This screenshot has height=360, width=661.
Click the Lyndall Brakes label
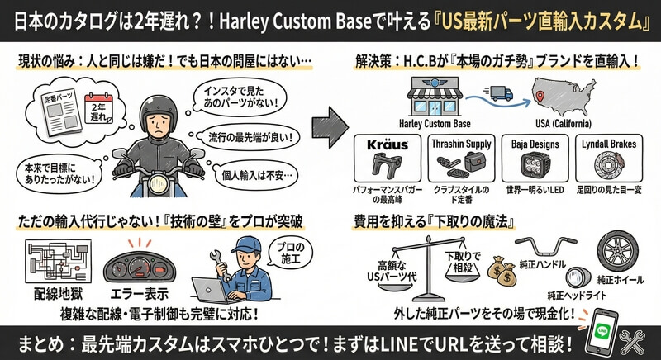(x=609, y=144)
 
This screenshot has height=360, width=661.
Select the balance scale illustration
(x=430, y=261)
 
